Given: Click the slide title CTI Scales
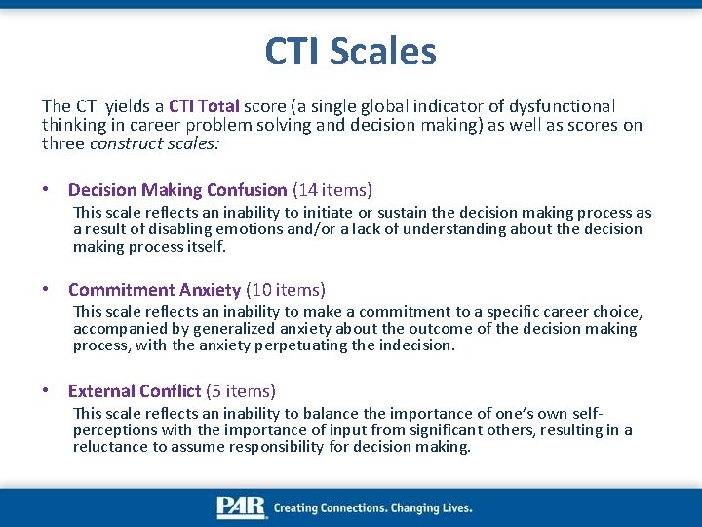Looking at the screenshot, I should pos(350,51).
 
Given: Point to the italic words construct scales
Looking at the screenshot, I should pos(155,143).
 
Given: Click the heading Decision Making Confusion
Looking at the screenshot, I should pos(177,190).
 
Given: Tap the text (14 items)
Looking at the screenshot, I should pos(332,190).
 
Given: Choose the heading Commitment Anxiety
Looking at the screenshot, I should pos(154,290).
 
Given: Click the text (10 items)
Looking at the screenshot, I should pos(286,290).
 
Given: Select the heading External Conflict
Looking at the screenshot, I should pos(135,391).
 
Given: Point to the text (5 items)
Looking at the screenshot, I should pos(241,391).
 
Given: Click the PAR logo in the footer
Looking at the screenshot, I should pos(241,507).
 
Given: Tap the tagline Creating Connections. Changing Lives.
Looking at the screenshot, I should pos(373,508).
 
